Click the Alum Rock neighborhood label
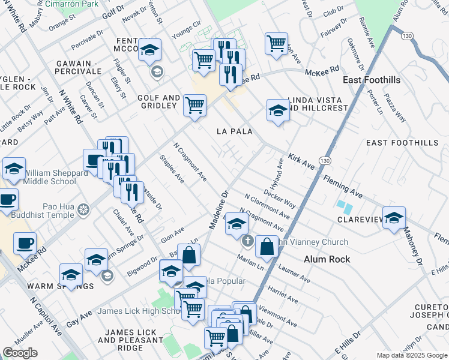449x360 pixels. [x=327, y=259]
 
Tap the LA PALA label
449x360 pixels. [x=234, y=131]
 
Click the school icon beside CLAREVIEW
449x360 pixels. [x=394, y=218]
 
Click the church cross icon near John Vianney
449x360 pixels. [x=247, y=242]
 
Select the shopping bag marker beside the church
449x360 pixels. [x=266, y=246]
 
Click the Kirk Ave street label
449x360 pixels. [x=301, y=160]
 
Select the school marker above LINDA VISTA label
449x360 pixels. [x=277, y=110]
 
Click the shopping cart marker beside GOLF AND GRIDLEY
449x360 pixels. [x=194, y=105]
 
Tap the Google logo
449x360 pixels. [x=20, y=353]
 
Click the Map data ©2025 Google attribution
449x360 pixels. [x=411, y=355]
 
